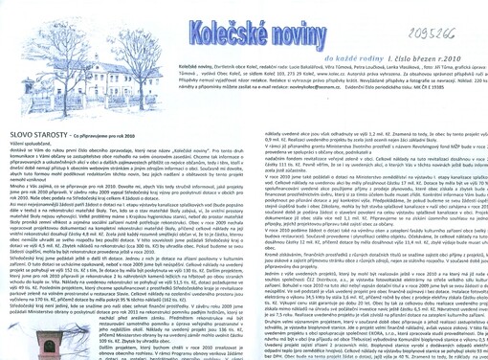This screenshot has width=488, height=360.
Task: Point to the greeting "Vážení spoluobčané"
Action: pos(28,160)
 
